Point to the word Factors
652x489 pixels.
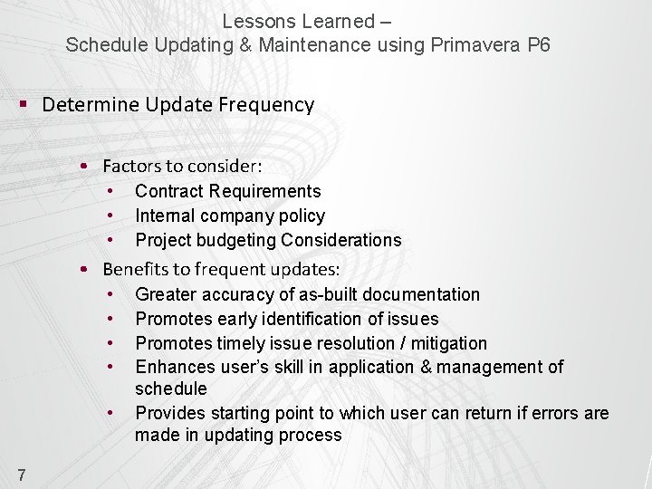coord(129,167)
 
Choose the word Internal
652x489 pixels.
coord(168,216)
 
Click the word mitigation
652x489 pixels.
coord(448,343)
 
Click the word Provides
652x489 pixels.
coord(170,413)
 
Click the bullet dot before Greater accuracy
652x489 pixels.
coord(110,294)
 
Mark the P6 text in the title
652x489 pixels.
coord(538,45)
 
